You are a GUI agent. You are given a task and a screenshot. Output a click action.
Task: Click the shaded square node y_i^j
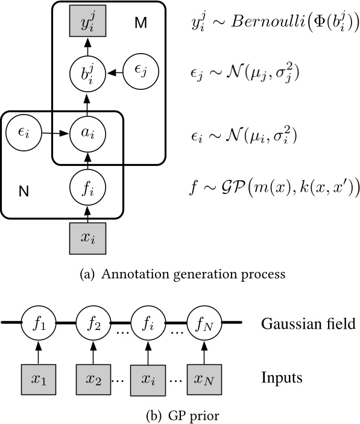click(x=87, y=27)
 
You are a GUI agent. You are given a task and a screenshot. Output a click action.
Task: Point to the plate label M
click(x=141, y=24)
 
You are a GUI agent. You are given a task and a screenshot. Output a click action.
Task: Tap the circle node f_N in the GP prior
click(x=203, y=324)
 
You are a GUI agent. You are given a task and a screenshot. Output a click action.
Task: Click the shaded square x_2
click(x=92, y=380)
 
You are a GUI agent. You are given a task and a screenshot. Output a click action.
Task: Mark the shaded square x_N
click(x=203, y=380)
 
